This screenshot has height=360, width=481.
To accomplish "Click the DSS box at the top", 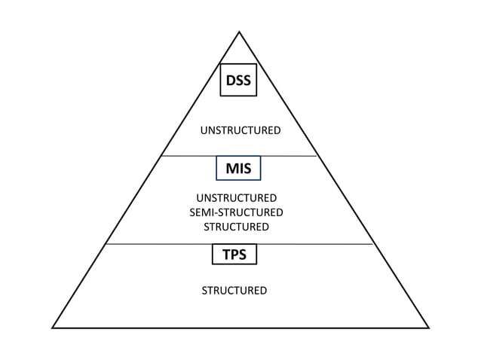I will pos(238,80).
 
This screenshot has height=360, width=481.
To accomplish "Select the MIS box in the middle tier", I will pos(238,169).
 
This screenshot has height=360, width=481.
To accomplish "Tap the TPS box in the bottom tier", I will pos(234,255).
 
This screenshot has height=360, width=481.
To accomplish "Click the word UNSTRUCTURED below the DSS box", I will pos(240,131).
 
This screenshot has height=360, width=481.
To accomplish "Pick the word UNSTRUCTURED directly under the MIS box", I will pos(236,198).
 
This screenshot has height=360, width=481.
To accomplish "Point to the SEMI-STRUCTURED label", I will pos(236,212).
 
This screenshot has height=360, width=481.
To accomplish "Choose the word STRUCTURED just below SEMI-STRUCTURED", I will pos(236,227).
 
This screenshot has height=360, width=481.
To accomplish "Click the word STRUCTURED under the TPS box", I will pos(234,291).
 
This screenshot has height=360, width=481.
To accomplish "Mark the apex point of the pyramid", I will pos(239,32).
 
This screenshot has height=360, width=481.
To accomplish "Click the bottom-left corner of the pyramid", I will pos(52,328).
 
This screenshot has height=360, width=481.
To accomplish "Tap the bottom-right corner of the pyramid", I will pos(428,328).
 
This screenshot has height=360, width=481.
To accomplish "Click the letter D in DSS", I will pos(228,80).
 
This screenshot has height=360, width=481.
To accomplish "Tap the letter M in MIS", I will pos(229,169).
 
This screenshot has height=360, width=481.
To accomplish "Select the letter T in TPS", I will pos(225,255).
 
